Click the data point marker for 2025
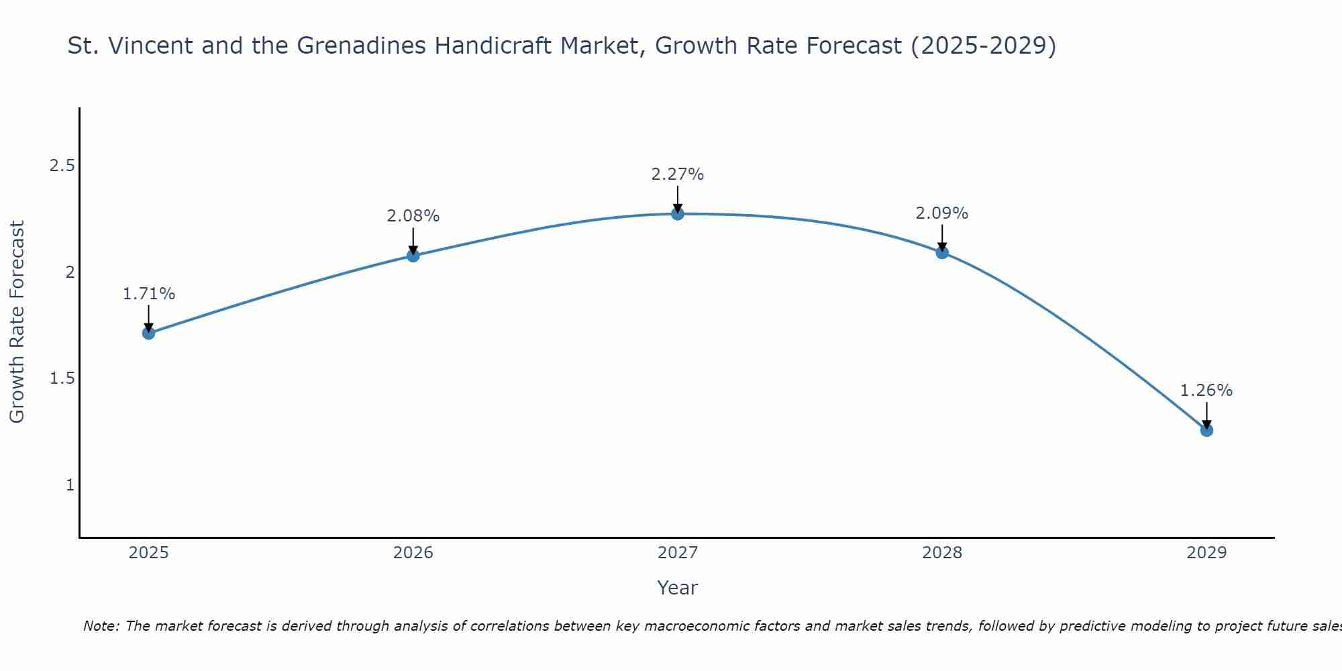pyautogui.click(x=149, y=333)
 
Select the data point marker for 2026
pyautogui.click(x=413, y=256)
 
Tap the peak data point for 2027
pyautogui.click(x=678, y=214)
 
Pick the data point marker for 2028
pyautogui.click(x=942, y=252)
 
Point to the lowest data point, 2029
pyautogui.click(x=1206, y=430)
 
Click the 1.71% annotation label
pyautogui.click(x=149, y=294)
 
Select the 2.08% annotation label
pyautogui.click(x=413, y=216)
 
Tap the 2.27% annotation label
pyautogui.click(x=678, y=174)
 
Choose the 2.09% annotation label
pyautogui.click(x=942, y=213)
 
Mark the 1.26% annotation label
pyautogui.click(x=1206, y=391)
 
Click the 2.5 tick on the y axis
pyautogui.click(x=62, y=166)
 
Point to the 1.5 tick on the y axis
pyautogui.click(x=62, y=378)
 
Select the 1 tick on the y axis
pyautogui.click(x=70, y=484)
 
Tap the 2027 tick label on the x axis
pyautogui.click(x=678, y=553)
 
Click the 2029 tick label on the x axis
pyautogui.click(x=1206, y=553)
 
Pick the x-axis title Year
pyautogui.click(x=678, y=588)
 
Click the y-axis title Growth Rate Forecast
pyautogui.click(x=17, y=322)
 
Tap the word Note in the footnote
pyautogui.click(x=100, y=626)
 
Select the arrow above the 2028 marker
pyautogui.click(x=942, y=238)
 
